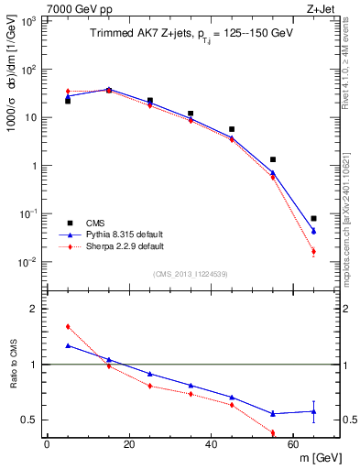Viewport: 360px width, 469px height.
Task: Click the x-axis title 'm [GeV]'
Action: (317, 458)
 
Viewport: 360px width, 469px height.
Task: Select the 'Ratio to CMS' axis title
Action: (14, 375)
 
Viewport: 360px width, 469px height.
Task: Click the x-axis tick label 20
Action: (129, 444)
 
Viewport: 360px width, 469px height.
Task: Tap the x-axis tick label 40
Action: (212, 444)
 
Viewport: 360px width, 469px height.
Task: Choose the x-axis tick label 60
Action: (294, 444)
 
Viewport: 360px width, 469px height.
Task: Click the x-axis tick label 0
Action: (47, 444)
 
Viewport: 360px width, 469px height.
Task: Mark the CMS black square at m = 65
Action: (314, 219)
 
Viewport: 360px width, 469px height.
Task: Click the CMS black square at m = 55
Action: (273, 159)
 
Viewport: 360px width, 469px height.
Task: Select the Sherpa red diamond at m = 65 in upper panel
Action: (314, 251)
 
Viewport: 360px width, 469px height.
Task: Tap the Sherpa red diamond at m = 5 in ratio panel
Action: (68, 326)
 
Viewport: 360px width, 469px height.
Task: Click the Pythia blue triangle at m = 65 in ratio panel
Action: (314, 411)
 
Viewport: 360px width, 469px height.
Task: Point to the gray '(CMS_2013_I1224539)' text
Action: (191, 272)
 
